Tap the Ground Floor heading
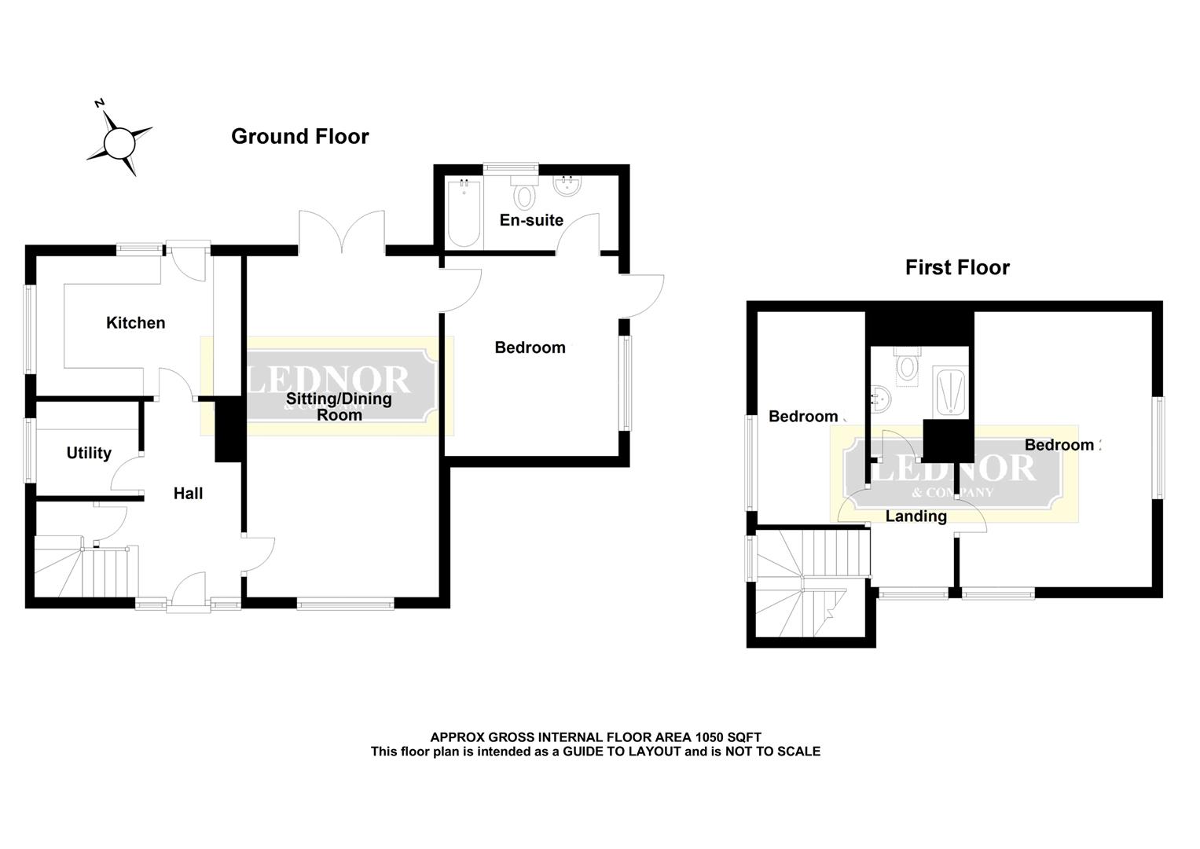[299, 137]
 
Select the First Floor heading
[956, 268]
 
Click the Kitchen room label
[135, 322]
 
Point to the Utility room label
[89, 453]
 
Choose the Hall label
[188, 494]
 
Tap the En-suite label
[531, 220]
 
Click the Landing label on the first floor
[916, 516]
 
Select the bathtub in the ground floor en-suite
[464, 212]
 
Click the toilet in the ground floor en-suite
[524, 191]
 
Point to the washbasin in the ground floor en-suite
[567, 187]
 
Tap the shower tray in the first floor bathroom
[950, 390]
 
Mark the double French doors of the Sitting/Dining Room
[342, 231]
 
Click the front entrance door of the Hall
[189, 594]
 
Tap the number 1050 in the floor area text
[708, 737]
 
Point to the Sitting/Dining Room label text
[339, 406]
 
